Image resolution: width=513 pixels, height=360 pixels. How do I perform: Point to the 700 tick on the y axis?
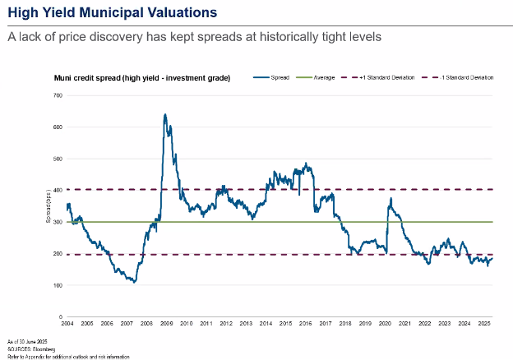[x=58, y=95]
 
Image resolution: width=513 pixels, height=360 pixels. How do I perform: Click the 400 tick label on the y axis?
[x=58, y=190]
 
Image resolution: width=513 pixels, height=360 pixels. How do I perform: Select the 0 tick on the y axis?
[x=61, y=316]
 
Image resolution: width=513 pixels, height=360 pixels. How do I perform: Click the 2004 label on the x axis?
[x=67, y=325]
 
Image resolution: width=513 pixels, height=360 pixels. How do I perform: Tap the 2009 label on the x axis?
[x=166, y=325]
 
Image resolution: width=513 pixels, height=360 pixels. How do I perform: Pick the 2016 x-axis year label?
[x=306, y=325]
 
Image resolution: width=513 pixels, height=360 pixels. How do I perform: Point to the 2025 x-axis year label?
[x=484, y=325]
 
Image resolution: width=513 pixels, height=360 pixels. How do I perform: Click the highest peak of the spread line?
[x=165, y=114]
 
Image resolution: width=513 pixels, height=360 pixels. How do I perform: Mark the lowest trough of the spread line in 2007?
[x=133, y=282]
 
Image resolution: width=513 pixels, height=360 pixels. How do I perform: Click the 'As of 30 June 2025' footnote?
[x=24, y=340]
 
